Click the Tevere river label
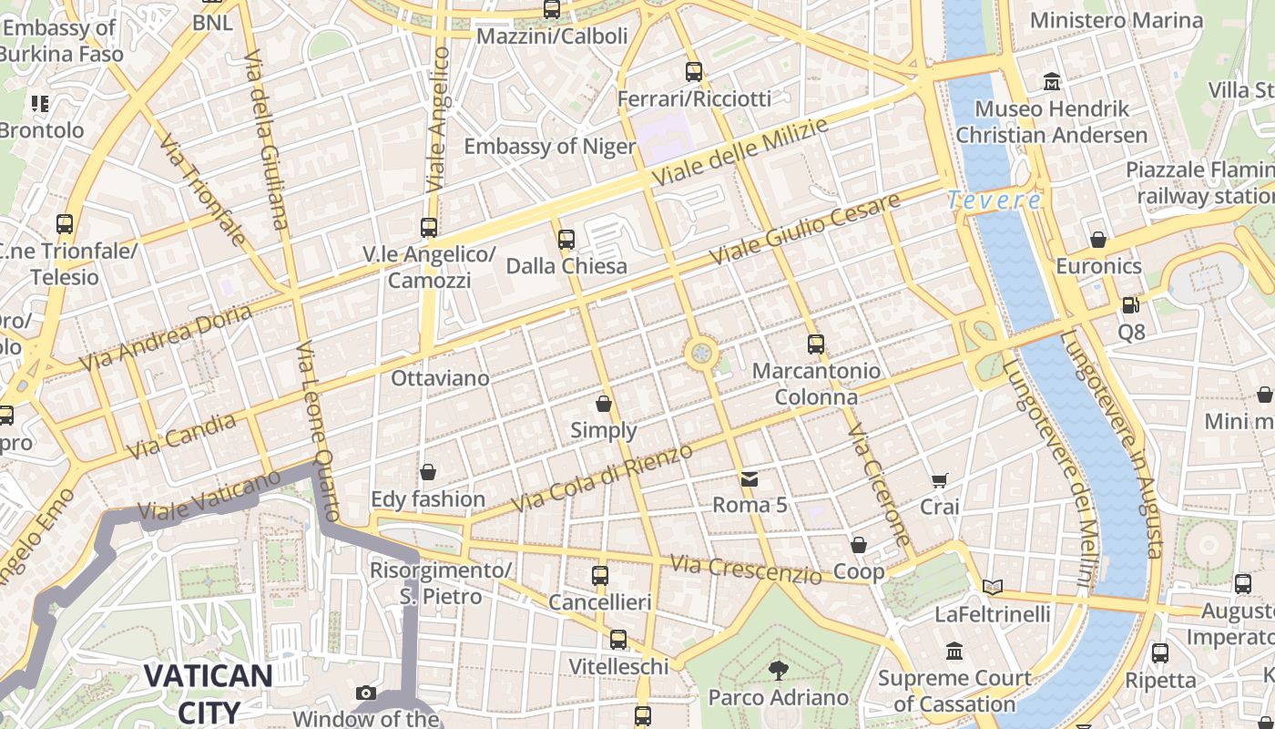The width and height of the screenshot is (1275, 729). click(994, 200)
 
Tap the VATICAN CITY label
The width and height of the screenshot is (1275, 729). click(208, 693)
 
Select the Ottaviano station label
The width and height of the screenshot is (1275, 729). click(440, 377)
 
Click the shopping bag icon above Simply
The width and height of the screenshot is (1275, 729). click(604, 403)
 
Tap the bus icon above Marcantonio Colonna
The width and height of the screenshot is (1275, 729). click(816, 344)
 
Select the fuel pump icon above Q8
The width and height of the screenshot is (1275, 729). click(1130, 305)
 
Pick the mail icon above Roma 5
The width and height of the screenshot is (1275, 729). click(749, 478)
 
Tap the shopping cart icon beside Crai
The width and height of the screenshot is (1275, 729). click(940, 480)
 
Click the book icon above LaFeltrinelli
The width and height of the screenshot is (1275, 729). click(993, 588)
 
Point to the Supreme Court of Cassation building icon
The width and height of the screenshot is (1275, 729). click(954, 652)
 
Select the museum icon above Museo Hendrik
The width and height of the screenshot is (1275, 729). click(1052, 82)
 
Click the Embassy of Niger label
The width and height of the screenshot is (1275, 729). click(549, 147)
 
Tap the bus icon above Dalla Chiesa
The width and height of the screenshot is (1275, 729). click(566, 240)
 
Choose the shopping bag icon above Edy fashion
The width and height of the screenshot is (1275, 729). click(427, 472)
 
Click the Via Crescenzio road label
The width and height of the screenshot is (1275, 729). click(746, 570)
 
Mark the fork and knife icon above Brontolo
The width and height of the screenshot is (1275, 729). click(39, 104)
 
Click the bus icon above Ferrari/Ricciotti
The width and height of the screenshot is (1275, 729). click(694, 72)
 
